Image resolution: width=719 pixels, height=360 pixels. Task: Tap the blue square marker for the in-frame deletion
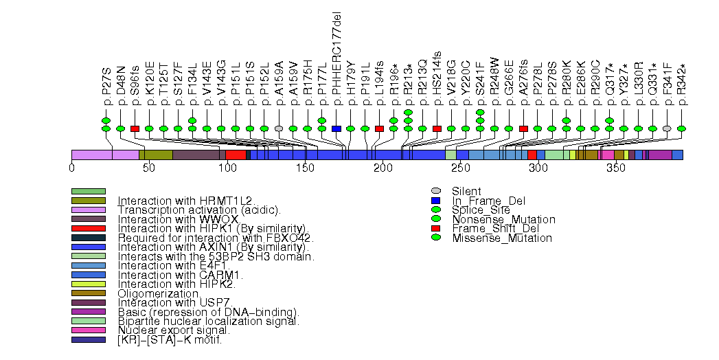click(x=336, y=128)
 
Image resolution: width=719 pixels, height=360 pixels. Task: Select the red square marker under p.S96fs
click(x=135, y=128)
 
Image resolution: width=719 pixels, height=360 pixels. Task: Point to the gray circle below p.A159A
click(x=279, y=128)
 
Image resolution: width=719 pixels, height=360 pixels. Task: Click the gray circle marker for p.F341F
click(x=667, y=128)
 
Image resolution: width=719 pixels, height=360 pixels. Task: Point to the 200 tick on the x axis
click(x=383, y=168)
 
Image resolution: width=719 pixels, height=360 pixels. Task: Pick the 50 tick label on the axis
click(x=149, y=168)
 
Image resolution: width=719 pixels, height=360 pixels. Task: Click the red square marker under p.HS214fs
click(x=437, y=128)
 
